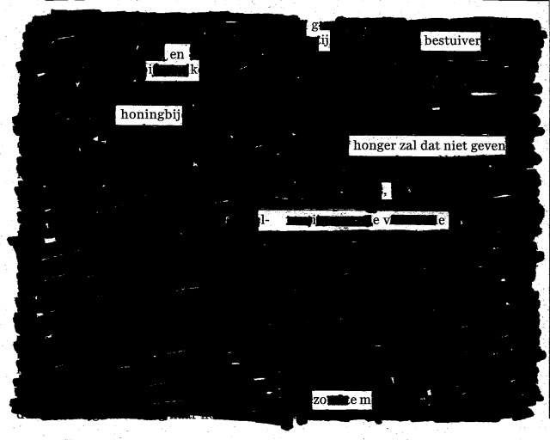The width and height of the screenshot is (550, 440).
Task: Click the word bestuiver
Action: pos(451,40)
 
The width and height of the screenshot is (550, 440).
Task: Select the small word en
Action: pos(177,55)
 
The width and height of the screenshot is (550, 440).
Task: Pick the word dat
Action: pos(437,146)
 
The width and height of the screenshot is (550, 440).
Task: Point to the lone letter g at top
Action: pos(315,25)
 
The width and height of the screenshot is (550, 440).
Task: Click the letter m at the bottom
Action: pos(364,400)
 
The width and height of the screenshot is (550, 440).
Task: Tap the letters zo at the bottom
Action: pos(321,400)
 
